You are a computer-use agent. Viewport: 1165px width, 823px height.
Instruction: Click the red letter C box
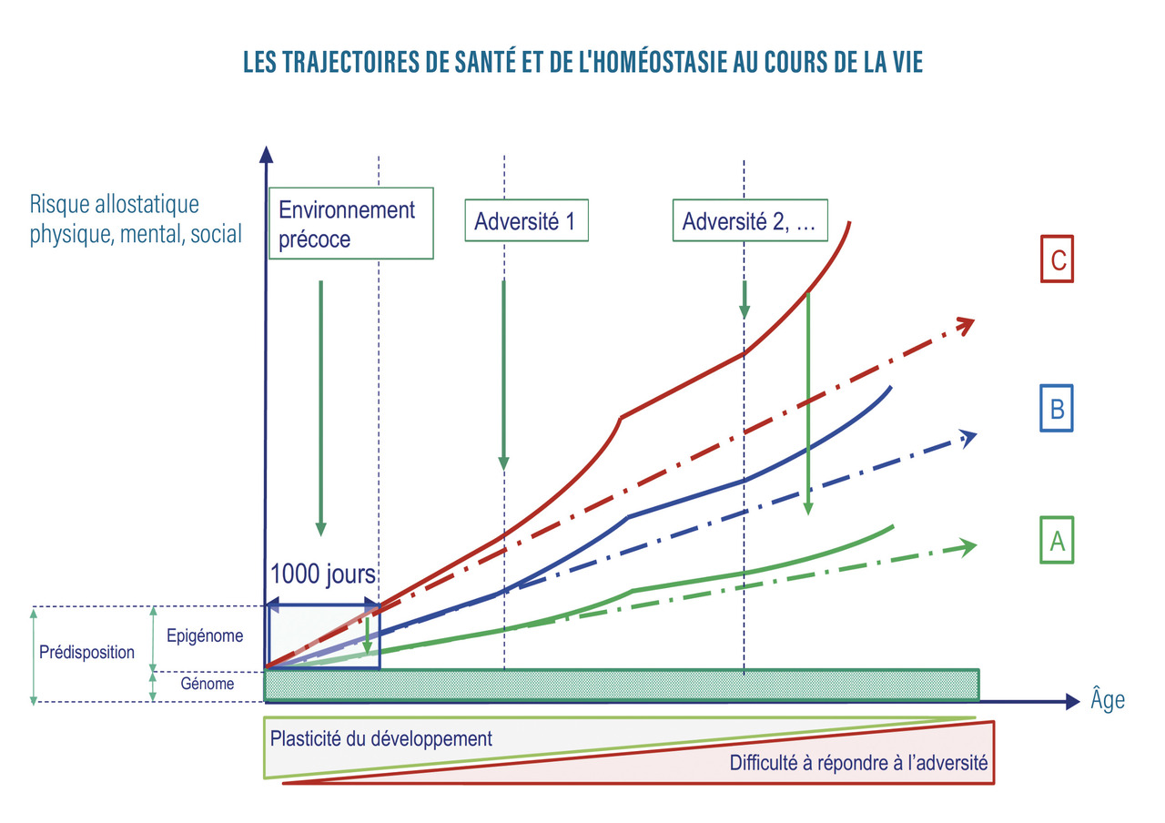(x=1057, y=259)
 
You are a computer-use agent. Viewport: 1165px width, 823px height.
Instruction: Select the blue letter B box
(x=1057, y=408)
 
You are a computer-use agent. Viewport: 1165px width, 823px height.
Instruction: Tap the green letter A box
(x=1057, y=541)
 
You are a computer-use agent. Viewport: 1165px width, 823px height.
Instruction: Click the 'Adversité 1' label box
(x=527, y=221)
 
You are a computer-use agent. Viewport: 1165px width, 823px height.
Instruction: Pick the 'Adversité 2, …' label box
(x=750, y=221)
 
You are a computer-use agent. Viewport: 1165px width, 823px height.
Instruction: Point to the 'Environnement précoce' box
(x=350, y=223)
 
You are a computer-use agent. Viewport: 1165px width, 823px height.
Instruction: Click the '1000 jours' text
(x=323, y=575)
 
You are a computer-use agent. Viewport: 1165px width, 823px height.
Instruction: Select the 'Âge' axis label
(x=1108, y=700)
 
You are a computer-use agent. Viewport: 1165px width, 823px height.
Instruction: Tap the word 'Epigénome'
(x=205, y=636)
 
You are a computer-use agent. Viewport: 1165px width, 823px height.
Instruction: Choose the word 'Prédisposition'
(x=86, y=653)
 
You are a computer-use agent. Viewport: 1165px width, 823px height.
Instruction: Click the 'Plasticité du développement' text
(x=381, y=738)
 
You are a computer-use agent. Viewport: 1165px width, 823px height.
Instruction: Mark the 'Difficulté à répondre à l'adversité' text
(x=858, y=763)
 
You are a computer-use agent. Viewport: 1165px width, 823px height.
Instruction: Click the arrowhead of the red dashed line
(x=967, y=322)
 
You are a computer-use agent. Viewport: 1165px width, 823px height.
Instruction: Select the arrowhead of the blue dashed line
(x=968, y=437)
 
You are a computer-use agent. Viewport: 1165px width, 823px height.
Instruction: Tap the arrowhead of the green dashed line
(x=968, y=546)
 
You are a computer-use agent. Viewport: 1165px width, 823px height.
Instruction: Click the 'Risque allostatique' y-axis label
(x=114, y=205)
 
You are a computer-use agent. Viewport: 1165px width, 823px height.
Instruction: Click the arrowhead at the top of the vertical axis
(x=265, y=154)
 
